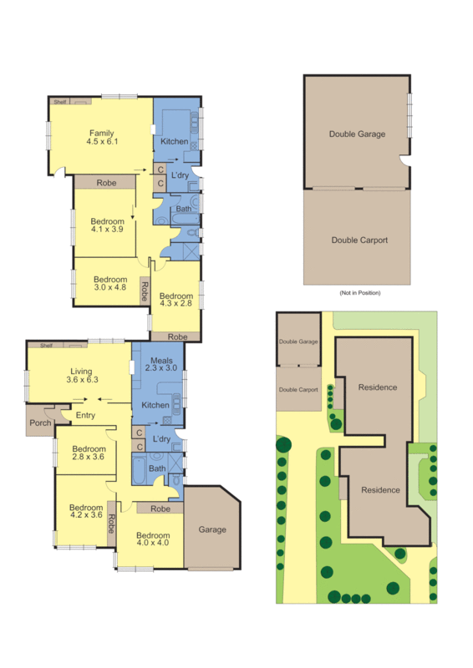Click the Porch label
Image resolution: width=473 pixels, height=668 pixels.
point(40,423)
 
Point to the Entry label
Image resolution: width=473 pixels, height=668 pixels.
point(85,415)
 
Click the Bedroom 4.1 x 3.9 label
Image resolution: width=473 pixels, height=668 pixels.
point(106,225)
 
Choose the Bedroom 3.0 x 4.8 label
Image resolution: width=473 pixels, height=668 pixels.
point(109,284)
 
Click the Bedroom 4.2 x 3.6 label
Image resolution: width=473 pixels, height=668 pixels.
point(85,511)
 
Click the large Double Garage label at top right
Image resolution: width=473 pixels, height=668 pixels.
point(357,134)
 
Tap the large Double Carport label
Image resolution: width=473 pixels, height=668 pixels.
point(359,240)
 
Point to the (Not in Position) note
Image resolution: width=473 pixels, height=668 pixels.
point(359,293)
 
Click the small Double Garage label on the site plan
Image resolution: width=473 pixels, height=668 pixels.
point(298,342)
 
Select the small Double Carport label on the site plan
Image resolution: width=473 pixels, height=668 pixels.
point(298,390)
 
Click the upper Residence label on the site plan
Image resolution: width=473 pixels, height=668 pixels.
point(378,387)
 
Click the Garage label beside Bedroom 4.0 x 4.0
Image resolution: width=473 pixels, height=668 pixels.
point(212,529)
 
